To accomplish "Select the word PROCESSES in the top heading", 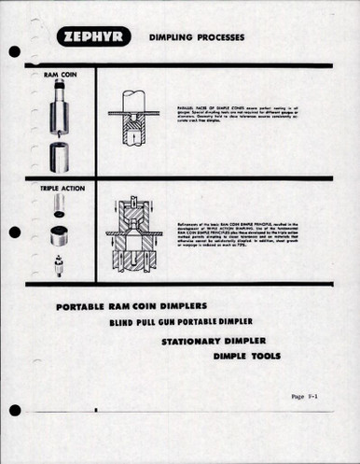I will [x=225, y=37].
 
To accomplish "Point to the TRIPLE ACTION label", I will [x=62, y=188].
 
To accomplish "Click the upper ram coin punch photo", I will [x=60, y=107].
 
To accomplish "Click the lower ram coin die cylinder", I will [x=60, y=156].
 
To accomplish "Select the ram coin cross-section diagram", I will [x=132, y=119].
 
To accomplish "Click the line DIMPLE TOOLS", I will [x=246, y=356].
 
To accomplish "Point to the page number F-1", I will [x=305, y=396].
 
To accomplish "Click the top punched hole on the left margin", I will [x=15, y=51].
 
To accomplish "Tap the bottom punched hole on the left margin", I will [x=15, y=410].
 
